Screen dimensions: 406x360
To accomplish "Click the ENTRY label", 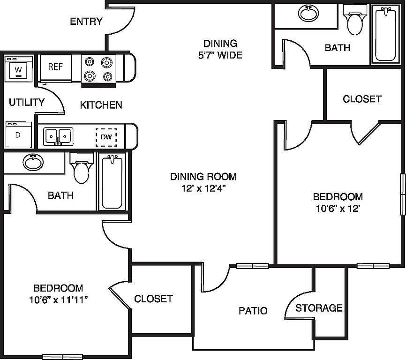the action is (86, 21).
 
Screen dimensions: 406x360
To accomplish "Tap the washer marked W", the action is (18, 69).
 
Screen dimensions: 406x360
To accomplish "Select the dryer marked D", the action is (19, 135).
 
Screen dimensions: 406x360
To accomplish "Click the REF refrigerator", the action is (55, 68).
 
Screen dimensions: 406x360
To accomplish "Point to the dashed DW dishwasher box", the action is (106, 137).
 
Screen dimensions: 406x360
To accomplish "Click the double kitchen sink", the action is (58, 136).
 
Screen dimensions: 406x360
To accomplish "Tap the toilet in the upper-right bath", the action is (355, 20).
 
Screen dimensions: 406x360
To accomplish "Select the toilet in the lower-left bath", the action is (81, 168).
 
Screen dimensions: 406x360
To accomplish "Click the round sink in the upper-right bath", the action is (308, 13).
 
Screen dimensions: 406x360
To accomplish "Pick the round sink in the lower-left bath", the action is (33, 162).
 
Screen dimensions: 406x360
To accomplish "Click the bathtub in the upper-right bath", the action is (385, 34).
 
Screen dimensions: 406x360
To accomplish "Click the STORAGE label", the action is (319, 308).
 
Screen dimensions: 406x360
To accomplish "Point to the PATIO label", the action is (253, 311).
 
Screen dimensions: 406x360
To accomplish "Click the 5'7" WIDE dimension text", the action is (220, 55).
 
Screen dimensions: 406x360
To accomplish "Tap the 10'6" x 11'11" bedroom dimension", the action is (58, 300).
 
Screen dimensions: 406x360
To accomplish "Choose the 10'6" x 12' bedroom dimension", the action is (338, 209).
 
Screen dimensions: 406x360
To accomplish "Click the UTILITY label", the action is (27, 103).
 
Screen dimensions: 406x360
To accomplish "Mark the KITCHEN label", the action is (101, 105).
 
